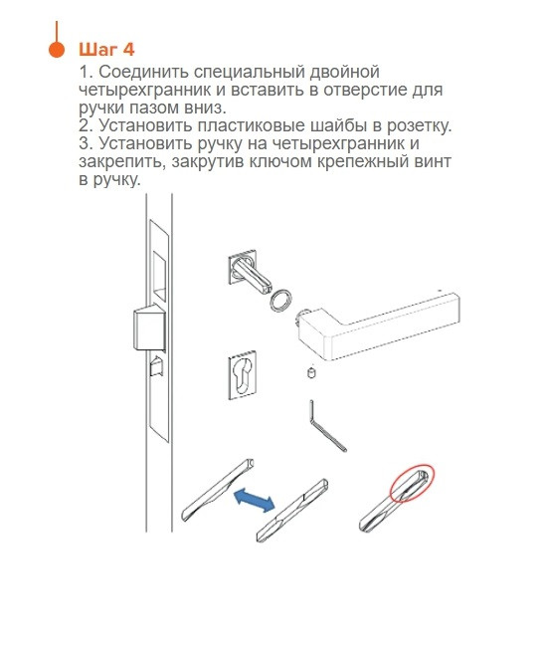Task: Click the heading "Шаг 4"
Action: click(106, 50)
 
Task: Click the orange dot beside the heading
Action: click(57, 49)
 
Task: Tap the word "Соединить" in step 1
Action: click(144, 73)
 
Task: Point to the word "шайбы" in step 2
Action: click(345, 125)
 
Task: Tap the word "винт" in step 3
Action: click(432, 161)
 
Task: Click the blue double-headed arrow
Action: click(256, 500)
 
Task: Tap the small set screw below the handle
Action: click(310, 373)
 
